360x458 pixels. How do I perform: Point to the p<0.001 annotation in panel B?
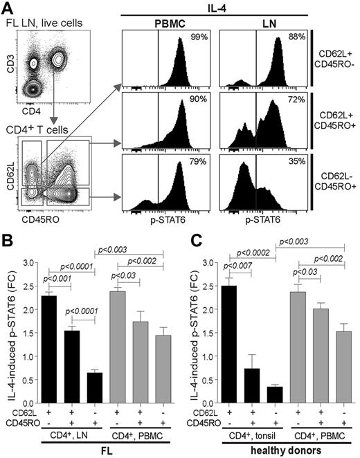click(56, 280)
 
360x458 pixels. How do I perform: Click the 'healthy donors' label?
click(279, 450)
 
